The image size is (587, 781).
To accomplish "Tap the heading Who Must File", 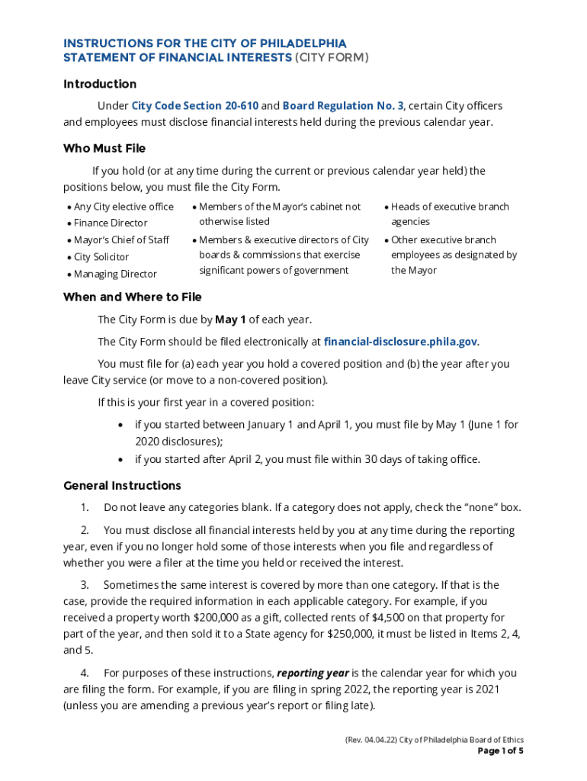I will click(104, 148).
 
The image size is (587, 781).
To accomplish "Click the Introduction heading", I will click(100, 84).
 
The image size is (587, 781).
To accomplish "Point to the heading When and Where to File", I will click(133, 297).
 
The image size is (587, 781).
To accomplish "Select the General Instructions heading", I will click(122, 486).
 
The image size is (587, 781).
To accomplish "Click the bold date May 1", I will click(230, 320).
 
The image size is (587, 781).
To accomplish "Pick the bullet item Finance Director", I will click(111, 223).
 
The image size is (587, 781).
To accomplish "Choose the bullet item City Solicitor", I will click(101, 257).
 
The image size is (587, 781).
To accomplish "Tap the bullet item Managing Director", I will click(115, 274).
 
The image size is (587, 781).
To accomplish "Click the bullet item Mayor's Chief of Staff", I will click(121, 240).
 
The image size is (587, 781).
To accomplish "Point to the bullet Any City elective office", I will click(123, 207).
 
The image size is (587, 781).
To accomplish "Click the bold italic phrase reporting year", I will click(313, 673).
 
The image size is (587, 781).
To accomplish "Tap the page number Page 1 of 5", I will click(500, 750).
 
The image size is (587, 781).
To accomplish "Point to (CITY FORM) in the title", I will click(332, 58).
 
